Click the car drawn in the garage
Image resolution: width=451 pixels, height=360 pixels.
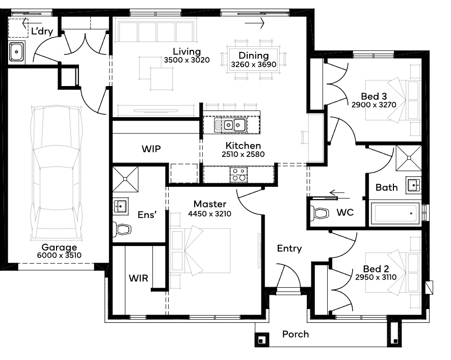(57, 174)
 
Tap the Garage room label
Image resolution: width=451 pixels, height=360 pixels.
(59, 247)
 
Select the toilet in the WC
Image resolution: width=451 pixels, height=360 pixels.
(319, 213)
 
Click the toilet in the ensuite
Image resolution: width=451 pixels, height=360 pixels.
(122, 229)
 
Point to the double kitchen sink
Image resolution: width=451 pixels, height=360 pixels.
(230, 125)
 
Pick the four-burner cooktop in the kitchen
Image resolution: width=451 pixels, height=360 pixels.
(238, 174)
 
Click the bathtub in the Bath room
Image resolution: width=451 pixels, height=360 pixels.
(394, 213)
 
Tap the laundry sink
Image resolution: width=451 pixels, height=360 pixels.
(16, 52)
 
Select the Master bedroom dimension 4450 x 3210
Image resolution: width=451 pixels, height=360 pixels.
(209, 214)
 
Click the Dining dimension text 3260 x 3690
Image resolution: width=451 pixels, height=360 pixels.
(253, 64)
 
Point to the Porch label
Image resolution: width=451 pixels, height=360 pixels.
(296, 334)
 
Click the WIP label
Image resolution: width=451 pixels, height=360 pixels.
(151, 149)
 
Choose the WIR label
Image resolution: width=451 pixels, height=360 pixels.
(138, 278)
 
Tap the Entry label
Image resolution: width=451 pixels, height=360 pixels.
(289, 248)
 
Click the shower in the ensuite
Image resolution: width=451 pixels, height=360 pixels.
(125, 179)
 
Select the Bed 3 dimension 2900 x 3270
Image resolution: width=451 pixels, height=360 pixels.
(374, 105)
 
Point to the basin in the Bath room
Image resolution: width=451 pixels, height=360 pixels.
(413, 185)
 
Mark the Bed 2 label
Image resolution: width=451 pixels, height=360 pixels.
(376, 269)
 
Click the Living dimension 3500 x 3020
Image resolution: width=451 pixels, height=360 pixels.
(187, 60)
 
